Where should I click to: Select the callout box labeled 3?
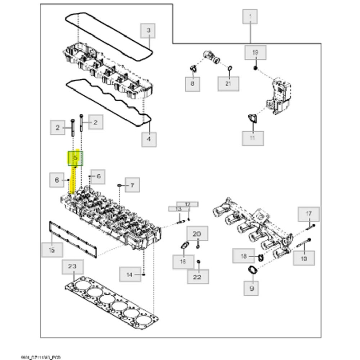pyautogui.click(x=148, y=31)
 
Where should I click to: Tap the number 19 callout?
pyautogui.click(x=255, y=52)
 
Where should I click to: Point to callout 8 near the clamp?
pyautogui.click(x=192, y=83)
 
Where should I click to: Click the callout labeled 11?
pyautogui.click(x=252, y=138)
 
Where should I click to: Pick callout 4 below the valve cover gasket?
pyautogui.click(x=148, y=139)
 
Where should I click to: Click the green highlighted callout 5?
pyautogui.click(x=76, y=158)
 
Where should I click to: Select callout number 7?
pyautogui.click(x=132, y=185)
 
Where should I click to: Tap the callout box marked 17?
pyautogui.click(x=309, y=214)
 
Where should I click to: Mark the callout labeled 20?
pyautogui.click(x=197, y=234)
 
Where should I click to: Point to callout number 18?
pyautogui.click(x=244, y=256)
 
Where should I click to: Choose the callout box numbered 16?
pyautogui.click(x=183, y=261)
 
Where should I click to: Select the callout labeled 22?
pyautogui.click(x=198, y=277)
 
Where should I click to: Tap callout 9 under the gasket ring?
pyautogui.click(x=251, y=289)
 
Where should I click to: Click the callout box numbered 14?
pyautogui.click(x=130, y=275)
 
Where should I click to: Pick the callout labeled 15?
pyautogui.click(x=51, y=250)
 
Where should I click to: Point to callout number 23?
pyautogui.click(x=72, y=267)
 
